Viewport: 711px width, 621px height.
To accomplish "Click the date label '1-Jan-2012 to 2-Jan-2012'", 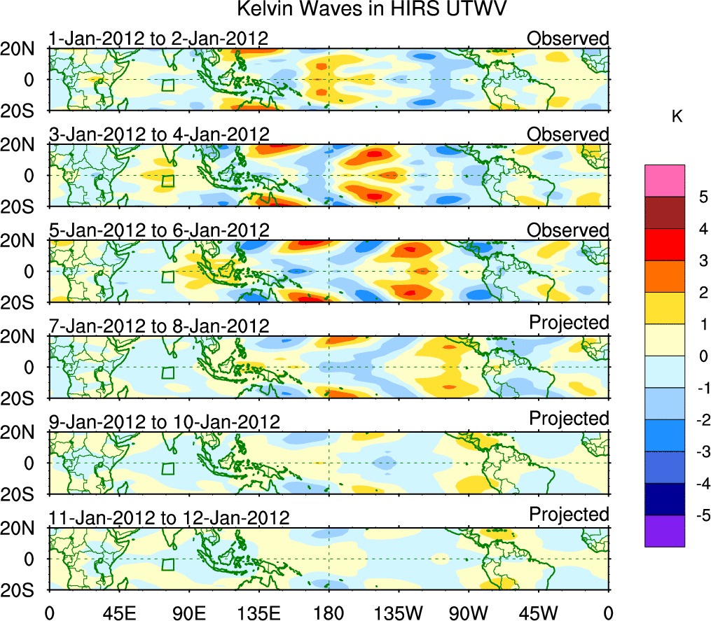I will pyautogui.click(x=158, y=39).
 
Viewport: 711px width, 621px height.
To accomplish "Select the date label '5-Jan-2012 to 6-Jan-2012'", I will pyautogui.click(x=158, y=230).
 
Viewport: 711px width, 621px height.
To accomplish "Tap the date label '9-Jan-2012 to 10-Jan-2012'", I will pyautogui.click(x=164, y=421).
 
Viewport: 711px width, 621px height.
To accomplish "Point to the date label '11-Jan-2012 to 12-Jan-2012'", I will pyautogui.click(x=169, y=517).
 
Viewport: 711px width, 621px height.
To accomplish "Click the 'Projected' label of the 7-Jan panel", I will pyautogui.click(x=569, y=322).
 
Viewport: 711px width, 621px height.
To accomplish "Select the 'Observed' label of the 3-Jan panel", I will pyautogui.click(x=568, y=134).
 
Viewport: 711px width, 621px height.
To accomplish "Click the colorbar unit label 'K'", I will pyautogui.click(x=677, y=118).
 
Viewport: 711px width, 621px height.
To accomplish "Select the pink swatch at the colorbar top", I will pyautogui.click(x=664, y=181).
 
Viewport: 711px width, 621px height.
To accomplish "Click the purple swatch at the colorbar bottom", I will pyautogui.click(x=664, y=531).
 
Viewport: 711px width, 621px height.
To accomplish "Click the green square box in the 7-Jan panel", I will pyautogui.click(x=167, y=372).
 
